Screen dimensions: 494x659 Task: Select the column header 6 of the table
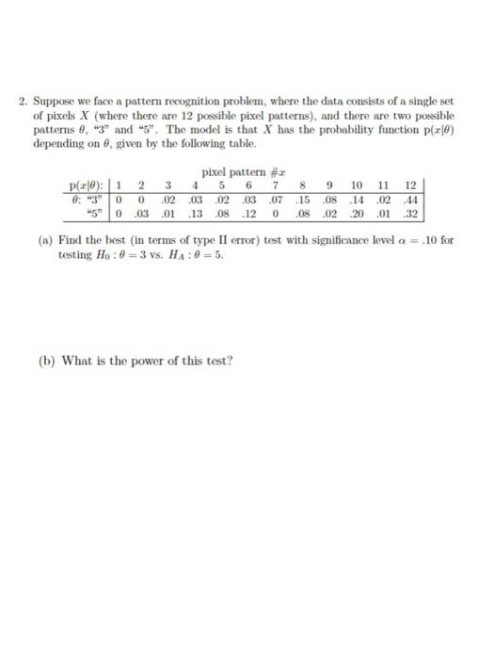point(247,185)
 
